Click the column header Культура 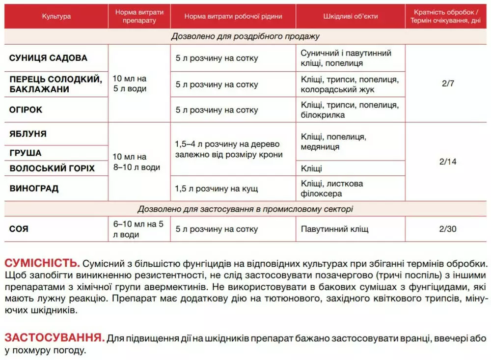56,16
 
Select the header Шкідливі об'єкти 351,16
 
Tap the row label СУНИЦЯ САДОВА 48,58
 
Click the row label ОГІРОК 26,110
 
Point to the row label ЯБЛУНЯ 28,134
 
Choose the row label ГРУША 26,153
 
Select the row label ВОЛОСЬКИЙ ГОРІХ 52,168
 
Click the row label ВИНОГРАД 34,189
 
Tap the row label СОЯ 19,229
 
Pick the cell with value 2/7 448,83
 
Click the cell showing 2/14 448,162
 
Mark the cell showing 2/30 448,229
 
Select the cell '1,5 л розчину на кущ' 217,189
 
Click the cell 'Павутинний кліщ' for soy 334,229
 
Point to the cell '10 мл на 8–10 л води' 136,162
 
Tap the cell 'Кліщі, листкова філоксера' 332,189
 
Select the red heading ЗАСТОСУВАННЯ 55,338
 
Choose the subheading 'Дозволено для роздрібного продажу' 245,36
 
